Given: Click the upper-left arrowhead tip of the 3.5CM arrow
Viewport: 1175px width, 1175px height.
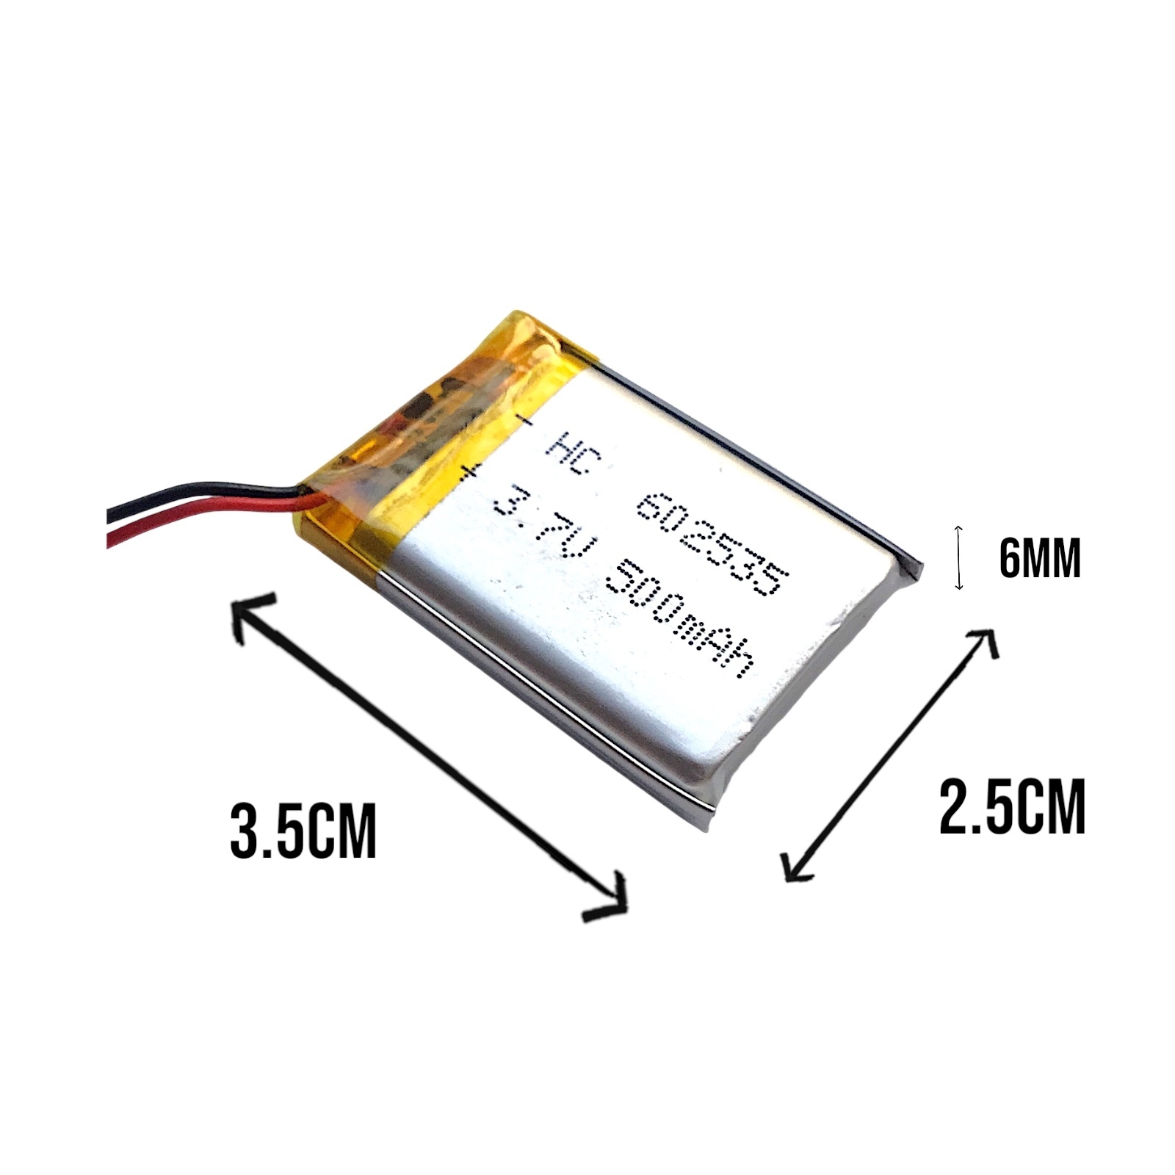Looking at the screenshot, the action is [x=234, y=602].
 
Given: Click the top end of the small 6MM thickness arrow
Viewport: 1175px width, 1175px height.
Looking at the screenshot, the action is [x=958, y=526].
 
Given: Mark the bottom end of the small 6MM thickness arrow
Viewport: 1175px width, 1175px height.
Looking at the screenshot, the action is [x=958, y=590].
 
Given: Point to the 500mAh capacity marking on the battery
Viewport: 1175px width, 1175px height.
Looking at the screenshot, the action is [x=681, y=623].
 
